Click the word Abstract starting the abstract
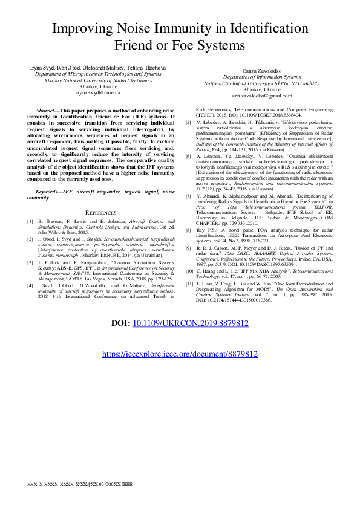(x=47, y=112)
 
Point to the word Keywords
(x=49, y=174)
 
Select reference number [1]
(x=30, y=222)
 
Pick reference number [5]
(x=188, y=122)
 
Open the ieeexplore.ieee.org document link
(x=180, y=355)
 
